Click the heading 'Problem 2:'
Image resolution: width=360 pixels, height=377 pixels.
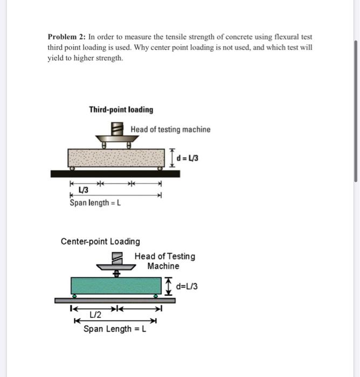(66, 37)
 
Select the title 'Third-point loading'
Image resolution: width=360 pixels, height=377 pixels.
(121, 110)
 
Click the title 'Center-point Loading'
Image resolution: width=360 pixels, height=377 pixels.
(100, 241)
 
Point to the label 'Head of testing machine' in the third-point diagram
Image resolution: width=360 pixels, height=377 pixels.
(170, 129)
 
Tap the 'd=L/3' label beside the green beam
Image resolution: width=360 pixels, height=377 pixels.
(186, 287)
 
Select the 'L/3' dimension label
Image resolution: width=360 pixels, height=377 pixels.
(84, 190)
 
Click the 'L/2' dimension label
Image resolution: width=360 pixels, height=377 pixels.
(94, 315)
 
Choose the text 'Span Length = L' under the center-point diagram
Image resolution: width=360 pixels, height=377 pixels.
(115, 329)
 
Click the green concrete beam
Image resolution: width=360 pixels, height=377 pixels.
(116, 285)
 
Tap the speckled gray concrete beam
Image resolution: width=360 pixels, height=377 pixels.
(116, 158)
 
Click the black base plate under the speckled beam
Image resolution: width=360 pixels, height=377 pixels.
(116, 173)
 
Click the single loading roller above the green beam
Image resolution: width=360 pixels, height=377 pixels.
(115, 274)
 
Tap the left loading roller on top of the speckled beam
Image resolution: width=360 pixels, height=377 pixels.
(106, 145)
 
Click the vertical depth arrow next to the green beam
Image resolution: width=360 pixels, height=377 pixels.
(168, 286)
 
